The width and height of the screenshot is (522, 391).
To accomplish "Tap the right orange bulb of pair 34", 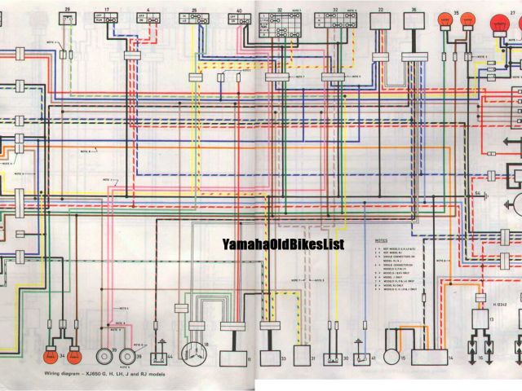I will (x=73, y=356).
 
